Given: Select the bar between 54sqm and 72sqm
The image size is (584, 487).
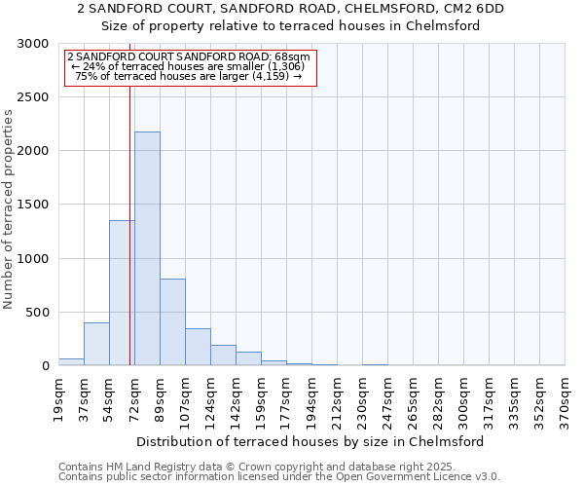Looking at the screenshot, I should point(121,292).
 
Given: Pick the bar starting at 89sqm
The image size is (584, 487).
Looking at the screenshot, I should point(172,322).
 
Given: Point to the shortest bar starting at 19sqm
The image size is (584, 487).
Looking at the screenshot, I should point(71,361).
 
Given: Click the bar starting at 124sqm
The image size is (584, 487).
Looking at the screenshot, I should point(223,356).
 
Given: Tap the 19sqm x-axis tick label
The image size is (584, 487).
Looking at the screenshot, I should point(59,398).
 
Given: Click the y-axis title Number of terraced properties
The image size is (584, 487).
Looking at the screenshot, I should point(9,208).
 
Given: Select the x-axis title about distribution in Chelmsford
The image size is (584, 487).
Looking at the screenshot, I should point(311,441).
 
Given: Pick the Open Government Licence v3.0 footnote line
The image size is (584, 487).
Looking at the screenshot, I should point(279,477).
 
